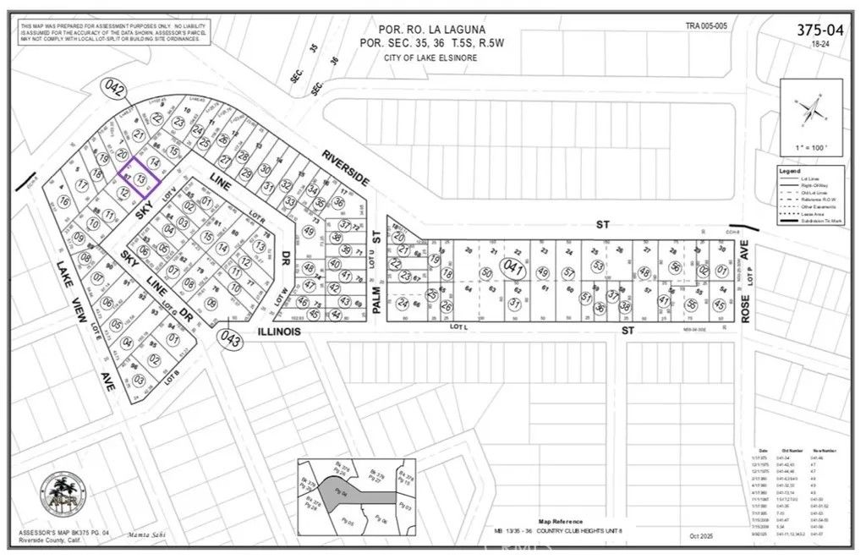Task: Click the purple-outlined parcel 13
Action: [140, 180]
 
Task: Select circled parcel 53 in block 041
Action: [599, 266]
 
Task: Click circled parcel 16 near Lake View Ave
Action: [64, 201]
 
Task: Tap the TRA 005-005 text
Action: [706, 26]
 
